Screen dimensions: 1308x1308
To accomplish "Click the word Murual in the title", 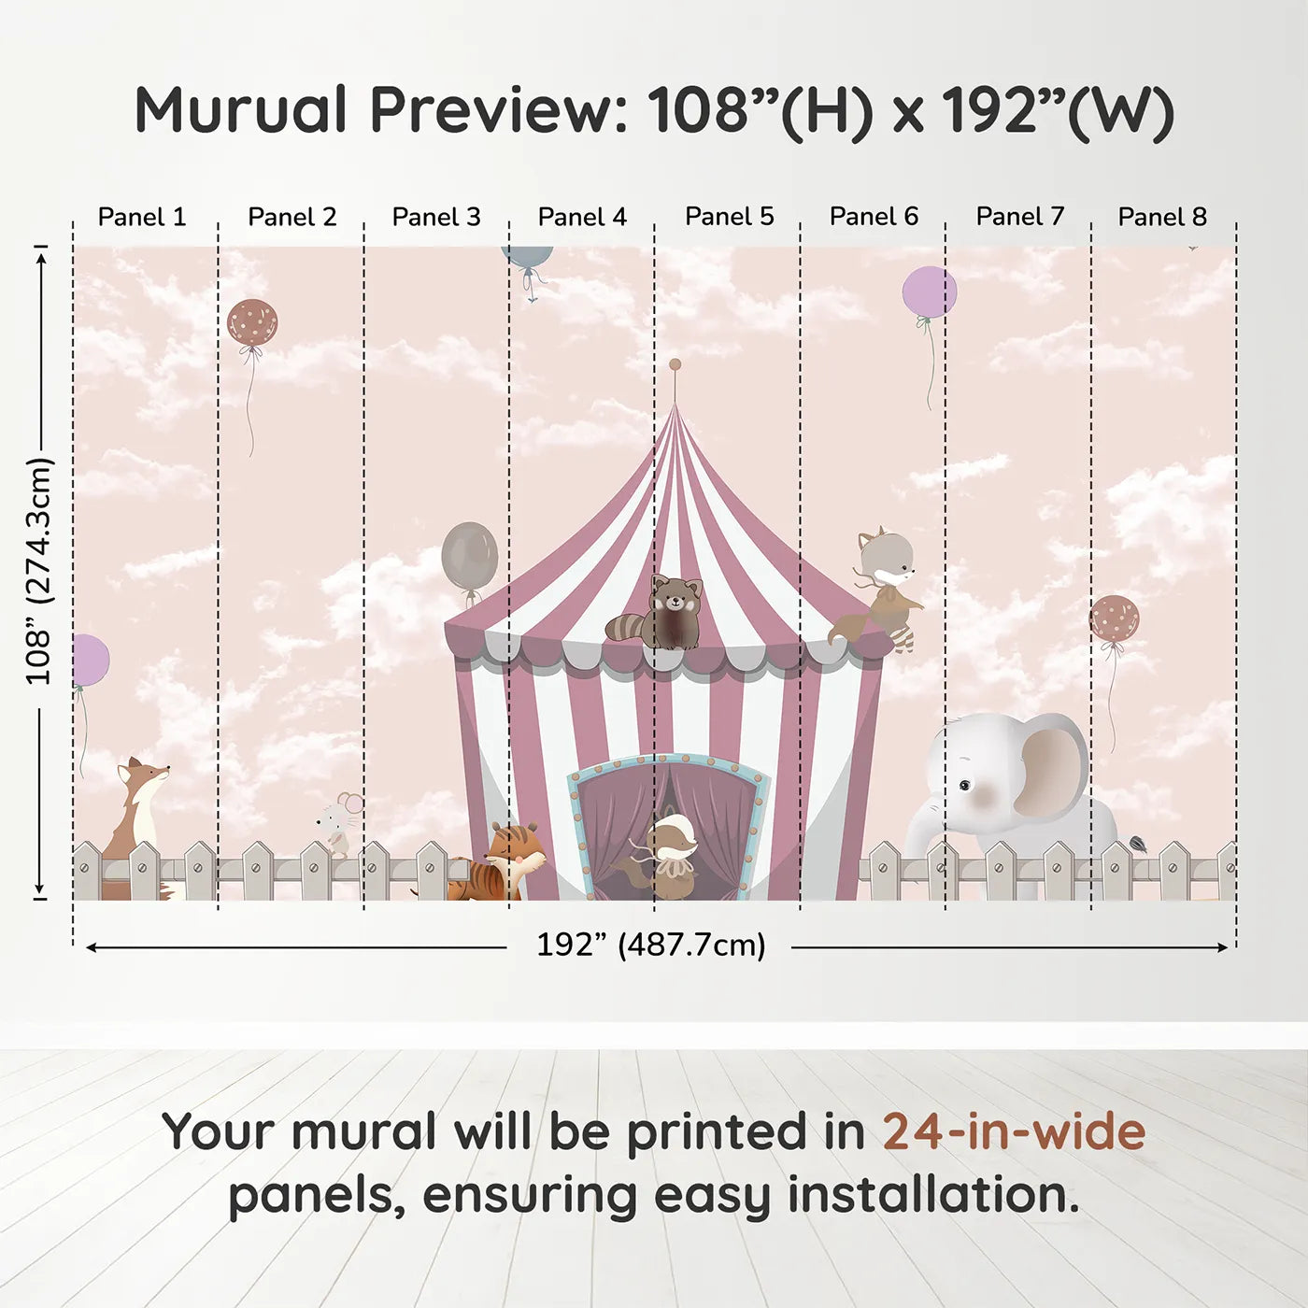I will coord(241,110).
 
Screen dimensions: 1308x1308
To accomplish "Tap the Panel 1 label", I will coord(142,217).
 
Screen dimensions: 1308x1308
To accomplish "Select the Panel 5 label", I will coord(729,217).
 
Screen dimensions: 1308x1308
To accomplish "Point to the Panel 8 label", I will coord(1162,217).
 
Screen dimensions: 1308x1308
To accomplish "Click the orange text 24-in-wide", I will coord(1013,1132).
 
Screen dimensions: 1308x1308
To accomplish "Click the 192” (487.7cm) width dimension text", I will coord(650,945).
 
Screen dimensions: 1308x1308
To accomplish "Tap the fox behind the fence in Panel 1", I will coord(138,803).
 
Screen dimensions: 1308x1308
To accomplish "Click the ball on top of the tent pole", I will coord(675,364).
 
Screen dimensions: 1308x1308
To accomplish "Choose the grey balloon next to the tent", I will coord(469,556).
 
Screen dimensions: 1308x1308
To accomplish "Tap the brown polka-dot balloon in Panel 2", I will coord(252,322).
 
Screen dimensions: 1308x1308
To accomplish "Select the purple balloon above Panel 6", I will coord(929,291).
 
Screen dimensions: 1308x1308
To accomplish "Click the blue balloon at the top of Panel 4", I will coord(528,258).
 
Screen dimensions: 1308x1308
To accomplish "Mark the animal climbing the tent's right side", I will coord(883,589).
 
